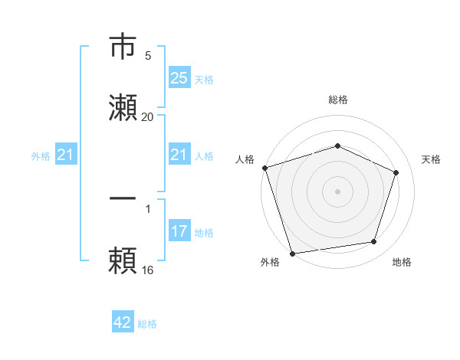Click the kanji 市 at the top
(x=123, y=47)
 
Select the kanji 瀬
(x=123, y=107)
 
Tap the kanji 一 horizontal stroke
(x=123, y=198)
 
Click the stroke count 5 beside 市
(x=148, y=56)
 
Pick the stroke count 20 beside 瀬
(x=148, y=116)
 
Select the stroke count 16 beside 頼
(x=148, y=270)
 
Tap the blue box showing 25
(x=179, y=78)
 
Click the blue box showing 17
(x=179, y=231)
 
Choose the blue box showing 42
(x=123, y=322)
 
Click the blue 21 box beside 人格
(x=179, y=155)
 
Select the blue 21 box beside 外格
(x=65, y=155)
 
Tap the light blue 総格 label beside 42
(x=147, y=324)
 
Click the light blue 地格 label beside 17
(x=204, y=232)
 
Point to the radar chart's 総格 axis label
(x=337, y=100)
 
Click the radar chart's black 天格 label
(x=431, y=159)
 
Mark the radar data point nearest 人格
(x=264, y=168)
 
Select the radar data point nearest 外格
(x=292, y=252)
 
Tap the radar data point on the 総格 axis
(x=337, y=146)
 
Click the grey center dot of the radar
(x=337, y=191)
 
